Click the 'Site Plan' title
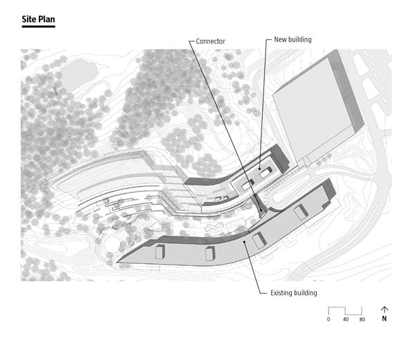pyautogui.click(x=38, y=19)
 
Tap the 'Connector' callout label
pyautogui.click(x=210, y=41)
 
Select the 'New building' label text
pyautogui.click(x=293, y=39)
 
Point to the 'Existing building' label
pyautogui.click(x=294, y=293)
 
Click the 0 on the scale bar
pyautogui.click(x=329, y=319)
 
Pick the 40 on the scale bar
pyautogui.click(x=346, y=319)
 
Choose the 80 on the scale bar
pyautogui.click(x=362, y=319)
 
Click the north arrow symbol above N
pyautogui.click(x=385, y=310)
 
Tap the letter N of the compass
pyautogui.click(x=385, y=319)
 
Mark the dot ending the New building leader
pyautogui.click(x=259, y=169)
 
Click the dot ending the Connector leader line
pyautogui.click(x=261, y=210)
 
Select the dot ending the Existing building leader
pyautogui.click(x=245, y=241)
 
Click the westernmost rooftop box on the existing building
pyautogui.click(x=160, y=252)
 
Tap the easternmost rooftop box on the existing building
pyautogui.click(x=301, y=212)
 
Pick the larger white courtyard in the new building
pyautogui.click(x=265, y=173)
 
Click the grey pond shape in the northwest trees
pyautogui.click(x=78, y=73)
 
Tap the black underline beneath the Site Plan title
pyautogui.click(x=38, y=26)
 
